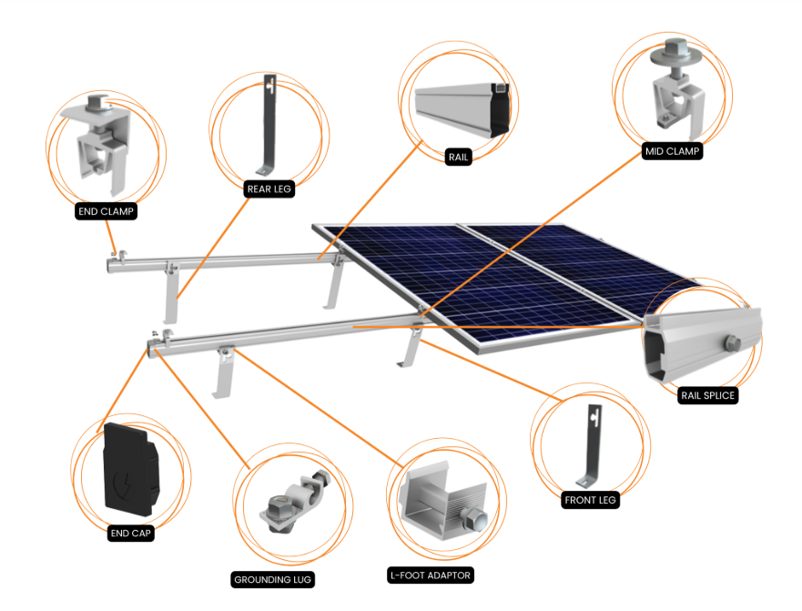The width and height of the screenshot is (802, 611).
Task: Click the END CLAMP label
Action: click(x=106, y=211)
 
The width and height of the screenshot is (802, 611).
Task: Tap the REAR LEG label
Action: click(x=269, y=189)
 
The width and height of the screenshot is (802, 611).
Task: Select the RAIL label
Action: click(x=458, y=158)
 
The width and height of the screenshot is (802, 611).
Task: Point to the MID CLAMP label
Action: click(x=672, y=151)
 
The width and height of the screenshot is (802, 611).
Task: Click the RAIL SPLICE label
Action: click(x=708, y=395)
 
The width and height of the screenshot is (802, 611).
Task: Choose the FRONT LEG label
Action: click(x=590, y=500)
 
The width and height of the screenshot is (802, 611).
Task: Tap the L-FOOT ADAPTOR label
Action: click(x=431, y=575)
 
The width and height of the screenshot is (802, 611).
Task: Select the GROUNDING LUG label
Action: click(x=272, y=580)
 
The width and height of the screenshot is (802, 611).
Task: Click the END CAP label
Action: click(x=131, y=534)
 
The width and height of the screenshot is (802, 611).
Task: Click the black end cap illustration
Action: click(x=131, y=469)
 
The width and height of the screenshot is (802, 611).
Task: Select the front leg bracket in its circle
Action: click(x=594, y=445)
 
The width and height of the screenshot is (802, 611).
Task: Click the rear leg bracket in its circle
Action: click(x=269, y=125)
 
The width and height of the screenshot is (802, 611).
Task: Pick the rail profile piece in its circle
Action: click(x=462, y=109)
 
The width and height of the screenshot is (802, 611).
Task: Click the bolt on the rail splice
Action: click(x=732, y=343)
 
